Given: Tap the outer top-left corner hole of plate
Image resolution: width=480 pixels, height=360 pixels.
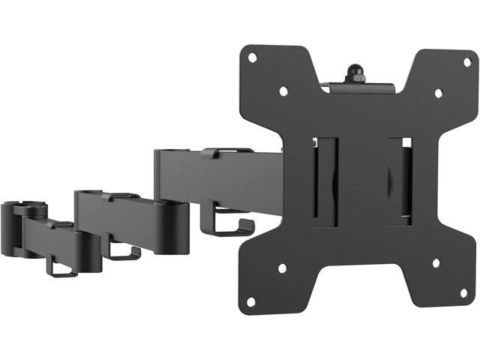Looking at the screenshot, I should (253, 57).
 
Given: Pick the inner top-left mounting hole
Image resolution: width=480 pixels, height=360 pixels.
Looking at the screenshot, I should (283, 91).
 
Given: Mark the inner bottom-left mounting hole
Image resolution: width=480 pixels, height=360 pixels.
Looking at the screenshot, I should (282, 268).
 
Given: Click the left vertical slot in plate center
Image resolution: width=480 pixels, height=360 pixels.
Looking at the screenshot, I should (328, 180).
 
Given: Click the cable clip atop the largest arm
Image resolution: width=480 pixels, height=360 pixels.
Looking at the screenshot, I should (226, 152).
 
